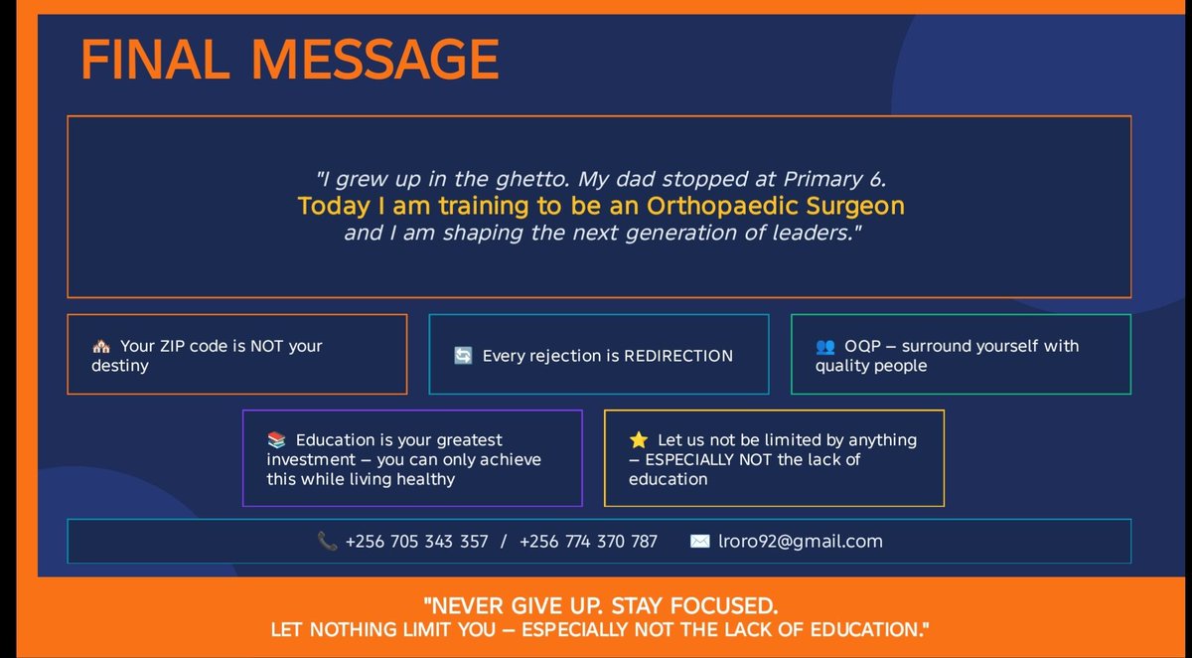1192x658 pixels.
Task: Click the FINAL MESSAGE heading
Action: [x=289, y=60]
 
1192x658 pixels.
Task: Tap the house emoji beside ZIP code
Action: [x=100, y=347]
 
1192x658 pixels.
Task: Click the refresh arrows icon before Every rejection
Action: [x=463, y=355]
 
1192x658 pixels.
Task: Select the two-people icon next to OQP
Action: [x=825, y=347]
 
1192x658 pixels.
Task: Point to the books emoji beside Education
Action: [x=276, y=440]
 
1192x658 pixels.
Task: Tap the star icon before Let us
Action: [x=639, y=440]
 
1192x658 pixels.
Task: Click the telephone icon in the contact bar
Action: [x=327, y=542]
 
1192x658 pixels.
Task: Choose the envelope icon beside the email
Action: [x=699, y=542]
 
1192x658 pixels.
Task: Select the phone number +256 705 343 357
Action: [x=416, y=542]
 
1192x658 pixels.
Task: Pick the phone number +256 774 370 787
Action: [x=588, y=542]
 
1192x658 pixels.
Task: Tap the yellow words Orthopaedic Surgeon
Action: [x=776, y=207]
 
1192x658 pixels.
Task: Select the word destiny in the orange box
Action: [x=120, y=366]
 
